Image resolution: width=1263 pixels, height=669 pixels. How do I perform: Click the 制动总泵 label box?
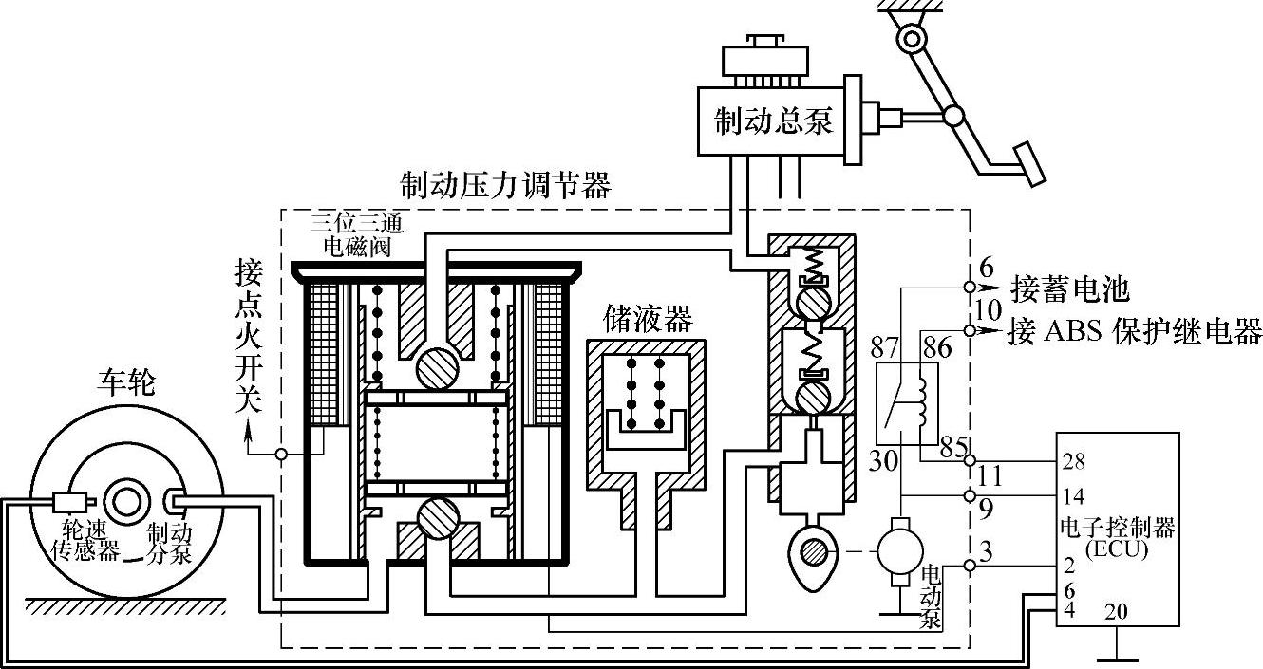point(774,121)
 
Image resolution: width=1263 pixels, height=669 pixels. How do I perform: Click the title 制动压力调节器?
point(504,183)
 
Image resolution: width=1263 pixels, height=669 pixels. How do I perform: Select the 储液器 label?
point(646,316)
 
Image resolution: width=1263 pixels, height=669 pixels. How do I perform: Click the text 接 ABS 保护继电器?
point(1136,332)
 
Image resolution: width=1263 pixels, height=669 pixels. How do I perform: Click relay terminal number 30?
point(882,462)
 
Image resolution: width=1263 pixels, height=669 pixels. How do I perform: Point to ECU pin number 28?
point(1073,462)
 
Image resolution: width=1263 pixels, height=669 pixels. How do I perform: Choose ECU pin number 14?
point(1073,495)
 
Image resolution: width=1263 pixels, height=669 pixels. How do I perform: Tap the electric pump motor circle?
point(897,548)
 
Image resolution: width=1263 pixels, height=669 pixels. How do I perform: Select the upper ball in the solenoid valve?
point(436,364)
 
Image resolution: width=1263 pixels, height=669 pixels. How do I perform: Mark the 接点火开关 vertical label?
point(248,338)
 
